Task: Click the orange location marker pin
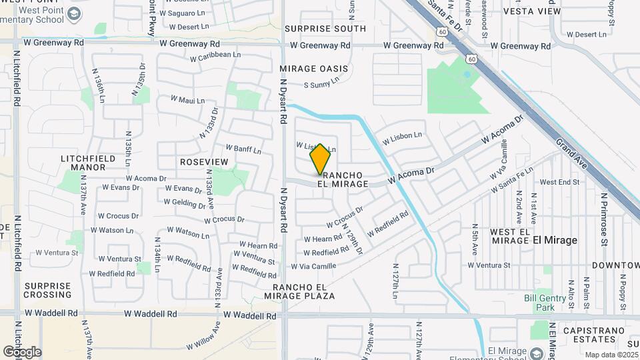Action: click(x=321, y=159)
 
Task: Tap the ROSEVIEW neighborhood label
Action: click(x=204, y=162)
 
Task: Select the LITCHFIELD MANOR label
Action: click(x=88, y=163)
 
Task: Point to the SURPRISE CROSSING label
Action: click(x=47, y=290)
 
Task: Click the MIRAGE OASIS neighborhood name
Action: click(x=314, y=69)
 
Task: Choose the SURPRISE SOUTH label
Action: click(x=325, y=29)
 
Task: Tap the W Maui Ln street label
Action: click(x=187, y=100)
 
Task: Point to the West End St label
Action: click(x=559, y=182)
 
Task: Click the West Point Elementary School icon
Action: click(x=75, y=13)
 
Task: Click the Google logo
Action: click(x=22, y=352)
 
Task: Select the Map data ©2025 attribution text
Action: click(x=611, y=355)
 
